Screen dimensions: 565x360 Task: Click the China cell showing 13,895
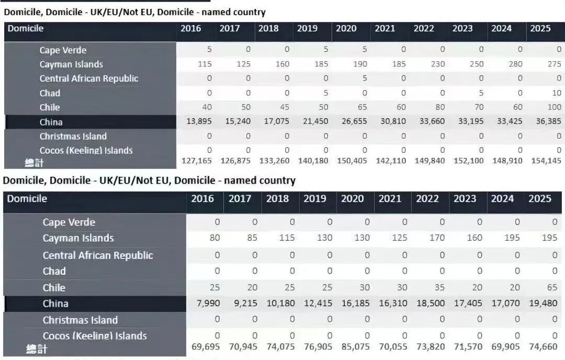[199, 121]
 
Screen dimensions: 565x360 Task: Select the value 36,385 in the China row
[548, 121]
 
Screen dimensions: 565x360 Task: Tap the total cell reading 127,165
[196, 161]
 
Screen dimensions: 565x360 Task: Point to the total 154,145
[546, 161]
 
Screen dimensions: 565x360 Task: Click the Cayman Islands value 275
[554, 64]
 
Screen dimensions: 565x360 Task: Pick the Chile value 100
[554, 107]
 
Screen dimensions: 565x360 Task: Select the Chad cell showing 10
[557, 93]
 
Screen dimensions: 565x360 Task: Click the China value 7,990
[208, 303]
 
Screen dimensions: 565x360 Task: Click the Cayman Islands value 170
[437, 238]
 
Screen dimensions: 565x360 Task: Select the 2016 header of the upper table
[190, 28]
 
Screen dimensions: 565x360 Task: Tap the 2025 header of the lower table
[540, 198]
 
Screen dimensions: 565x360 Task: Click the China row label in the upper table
[51, 122]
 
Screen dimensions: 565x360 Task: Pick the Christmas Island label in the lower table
[81, 320]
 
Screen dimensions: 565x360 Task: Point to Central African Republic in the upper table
[89, 78]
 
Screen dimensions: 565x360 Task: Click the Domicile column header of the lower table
[27, 198]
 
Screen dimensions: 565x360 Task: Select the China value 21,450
[315, 121]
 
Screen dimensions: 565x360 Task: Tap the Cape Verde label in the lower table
[69, 222]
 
